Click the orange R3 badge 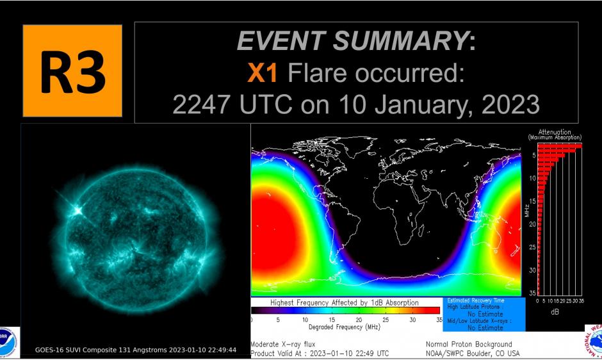tap(72, 71)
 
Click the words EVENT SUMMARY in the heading tap(352, 42)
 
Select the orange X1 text tap(263, 74)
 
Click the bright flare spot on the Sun tap(79, 209)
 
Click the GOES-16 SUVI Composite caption tap(136, 350)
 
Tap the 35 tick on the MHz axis tap(533, 293)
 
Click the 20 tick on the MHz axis tap(533, 224)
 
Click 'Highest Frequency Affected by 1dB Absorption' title tap(345, 302)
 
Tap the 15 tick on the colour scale tap(332, 320)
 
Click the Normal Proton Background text tap(469, 345)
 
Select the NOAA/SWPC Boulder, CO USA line tap(473, 354)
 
